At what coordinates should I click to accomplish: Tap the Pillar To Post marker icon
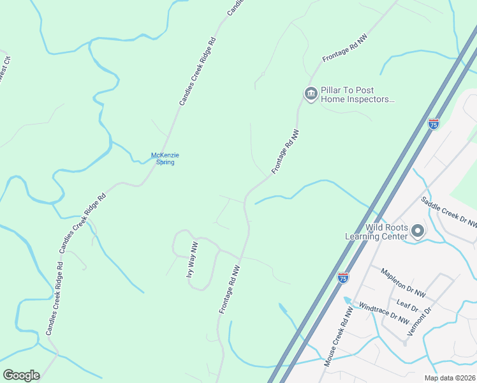[311, 94]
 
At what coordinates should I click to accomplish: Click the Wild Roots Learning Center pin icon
[418, 230]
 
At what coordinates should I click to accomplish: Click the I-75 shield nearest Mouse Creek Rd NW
[343, 278]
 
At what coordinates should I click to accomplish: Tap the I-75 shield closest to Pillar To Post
[434, 124]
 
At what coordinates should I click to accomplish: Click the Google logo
[21, 375]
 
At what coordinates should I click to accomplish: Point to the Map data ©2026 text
[449, 378]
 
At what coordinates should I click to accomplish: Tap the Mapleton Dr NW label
[402, 283]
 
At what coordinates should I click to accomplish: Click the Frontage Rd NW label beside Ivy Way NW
[230, 290]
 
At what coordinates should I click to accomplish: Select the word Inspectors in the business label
[372, 100]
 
